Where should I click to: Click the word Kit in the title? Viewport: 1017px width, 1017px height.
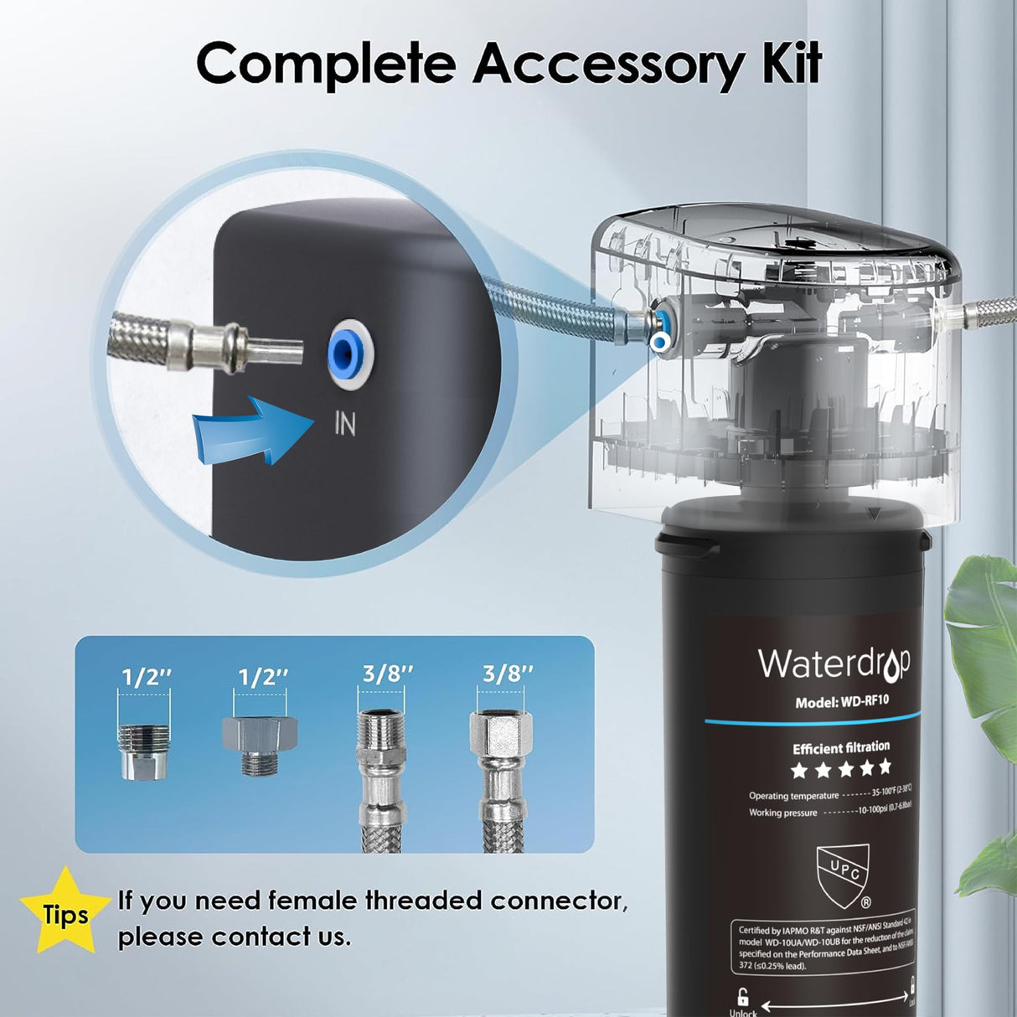point(791,63)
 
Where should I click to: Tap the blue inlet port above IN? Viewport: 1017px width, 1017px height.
point(344,354)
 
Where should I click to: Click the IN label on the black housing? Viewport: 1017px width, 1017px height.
point(344,424)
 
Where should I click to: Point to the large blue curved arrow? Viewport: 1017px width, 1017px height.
point(243,430)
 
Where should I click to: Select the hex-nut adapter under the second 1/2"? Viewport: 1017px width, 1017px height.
point(262,744)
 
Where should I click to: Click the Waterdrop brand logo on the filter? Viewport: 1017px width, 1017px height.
point(834,663)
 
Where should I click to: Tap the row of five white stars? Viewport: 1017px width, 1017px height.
point(841,768)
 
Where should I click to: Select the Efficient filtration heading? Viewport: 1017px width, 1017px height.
point(841,747)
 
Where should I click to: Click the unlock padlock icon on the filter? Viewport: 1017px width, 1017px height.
point(742,997)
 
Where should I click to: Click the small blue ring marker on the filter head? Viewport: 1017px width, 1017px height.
point(662,342)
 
